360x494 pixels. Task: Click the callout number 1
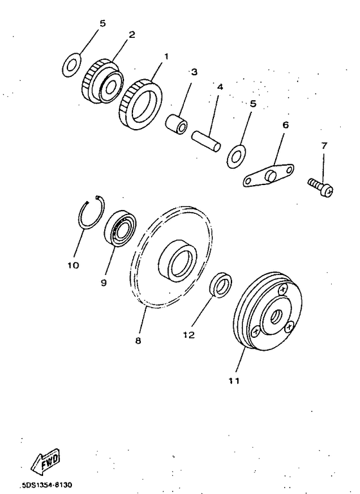pyautogui.click(x=166, y=57)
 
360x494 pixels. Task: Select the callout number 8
pyautogui.click(x=138, y=340)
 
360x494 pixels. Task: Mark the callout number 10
pyautogui.click(x=72, y=264)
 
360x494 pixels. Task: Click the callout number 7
pyautogui.click(x=324, y=145)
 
